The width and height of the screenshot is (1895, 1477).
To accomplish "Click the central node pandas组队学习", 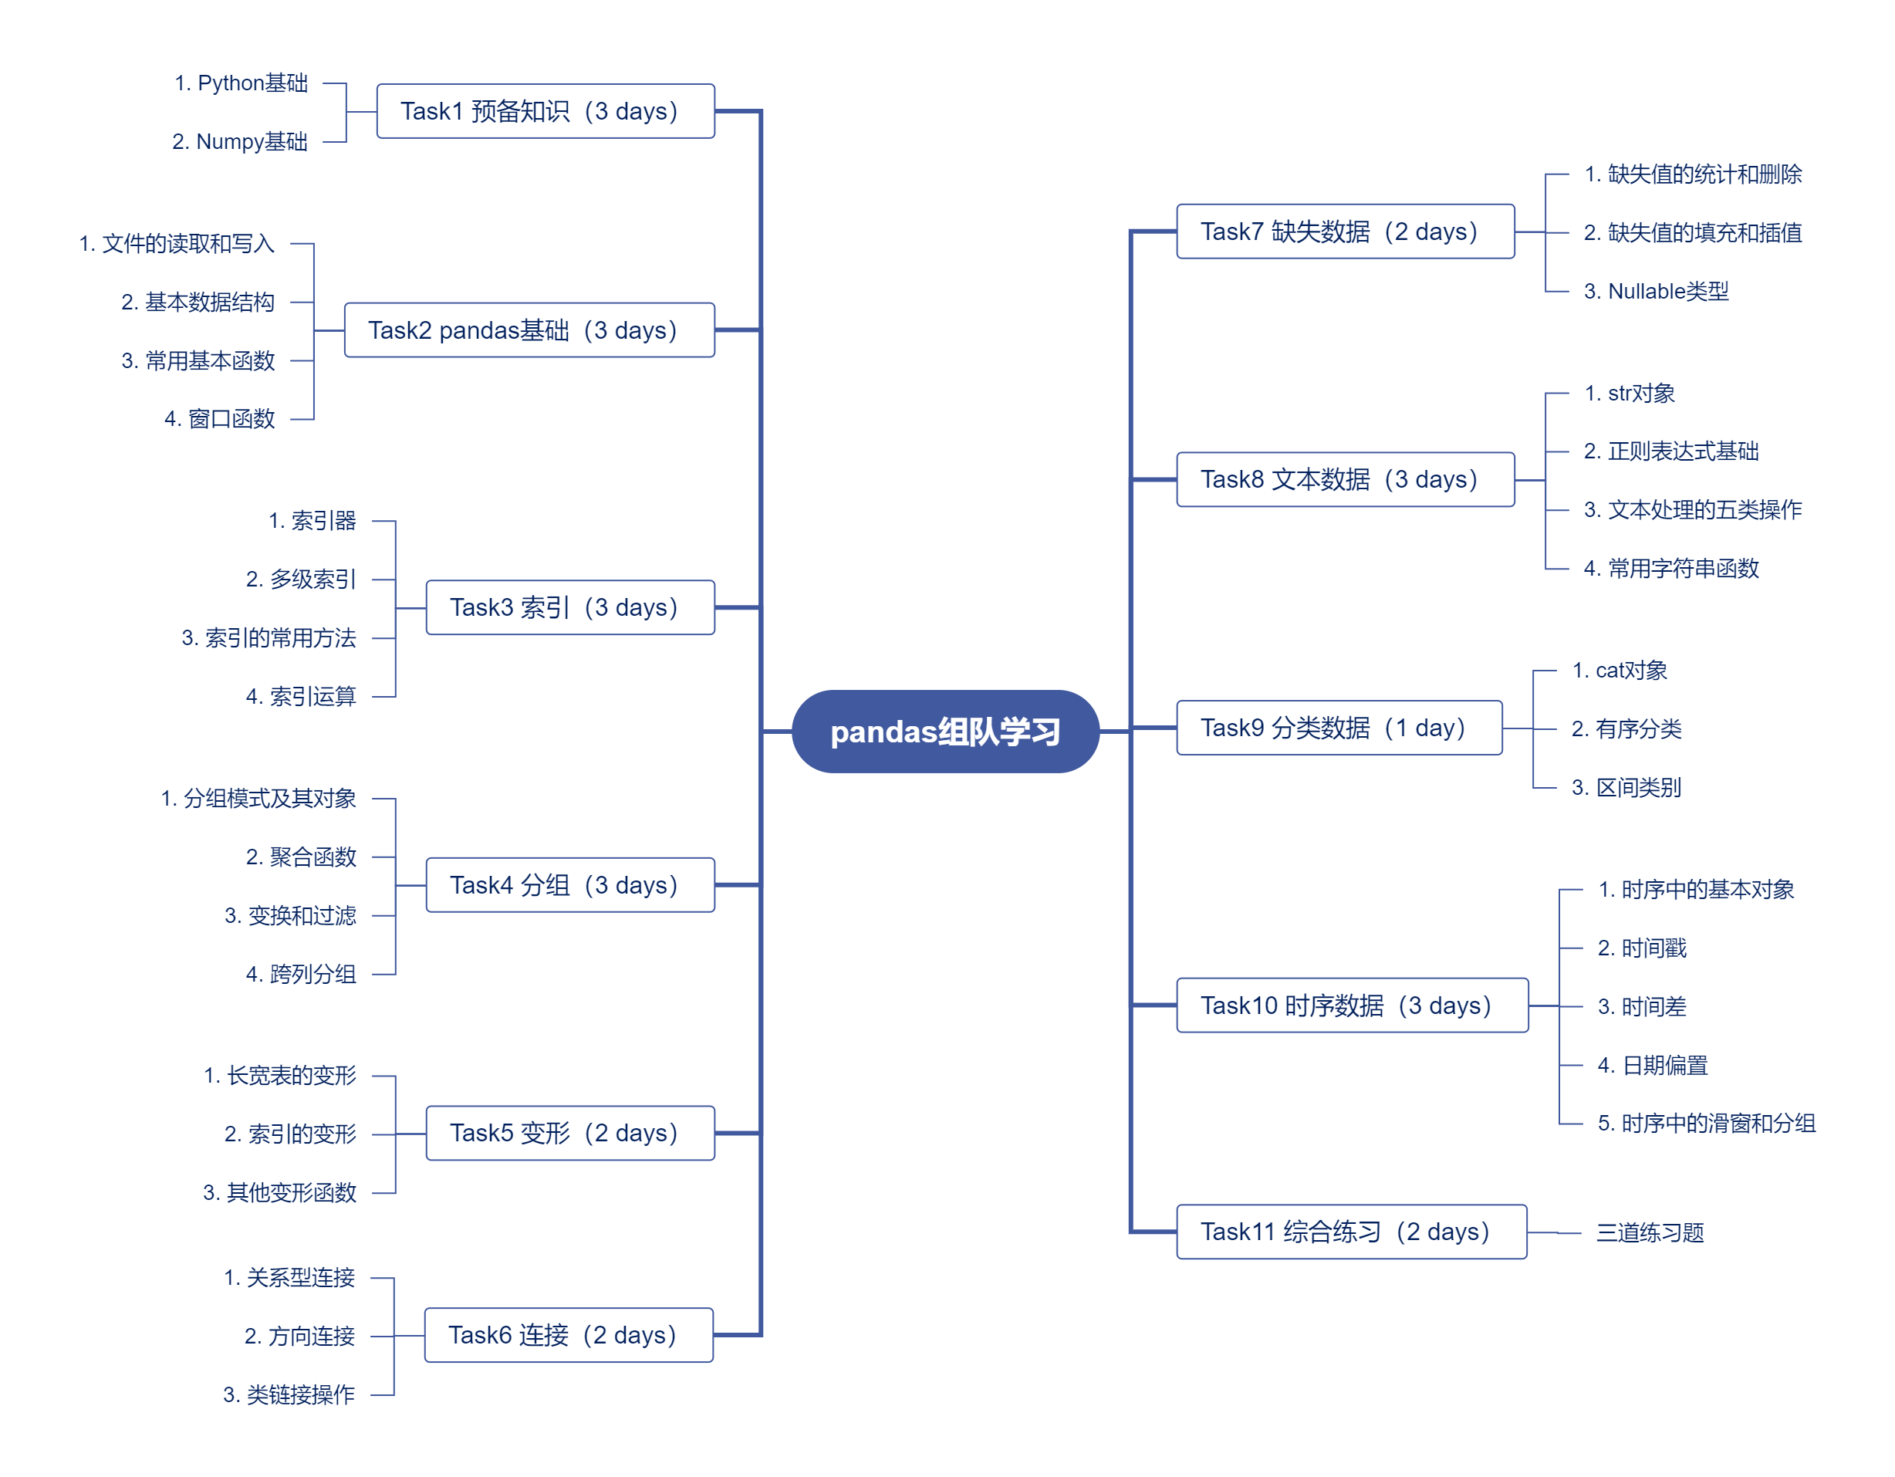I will (x=945, y=732).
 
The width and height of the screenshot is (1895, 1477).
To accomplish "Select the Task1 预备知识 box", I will (x=545, y=111).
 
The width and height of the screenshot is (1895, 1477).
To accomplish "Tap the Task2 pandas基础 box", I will (x=529, y=330).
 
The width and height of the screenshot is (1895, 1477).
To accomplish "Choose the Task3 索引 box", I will (x=570, y=607).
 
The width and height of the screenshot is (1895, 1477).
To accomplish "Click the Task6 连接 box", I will (x=569, y=1335).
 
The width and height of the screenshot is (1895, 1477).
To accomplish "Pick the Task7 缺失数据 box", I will (x=1345, y=232).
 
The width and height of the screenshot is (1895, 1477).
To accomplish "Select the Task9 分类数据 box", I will (x=1338, y=727).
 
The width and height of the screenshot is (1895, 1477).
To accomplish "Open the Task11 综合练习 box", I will (x=1351, y=1232).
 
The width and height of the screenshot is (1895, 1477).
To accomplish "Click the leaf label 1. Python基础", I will (x=242, y=83).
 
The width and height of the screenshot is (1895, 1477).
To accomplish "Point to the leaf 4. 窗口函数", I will (x=220, y=419).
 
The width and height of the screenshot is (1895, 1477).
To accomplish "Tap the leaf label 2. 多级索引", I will (x=301, y=579).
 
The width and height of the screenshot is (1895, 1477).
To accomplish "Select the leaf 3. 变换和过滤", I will (x=290, y=915).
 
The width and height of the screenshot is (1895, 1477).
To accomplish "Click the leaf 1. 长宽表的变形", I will (x=279, y=1076).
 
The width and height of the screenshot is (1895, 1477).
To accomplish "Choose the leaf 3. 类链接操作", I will (x=289, y=1394).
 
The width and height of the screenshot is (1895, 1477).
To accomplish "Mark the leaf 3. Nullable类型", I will (x=1656, y=292).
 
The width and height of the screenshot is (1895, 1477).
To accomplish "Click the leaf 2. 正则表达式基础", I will (x=1670, y=451).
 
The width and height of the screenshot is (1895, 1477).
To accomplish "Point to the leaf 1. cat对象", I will (x=1619, y=671).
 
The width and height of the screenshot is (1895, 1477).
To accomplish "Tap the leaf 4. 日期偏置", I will (x=1652, y=1065).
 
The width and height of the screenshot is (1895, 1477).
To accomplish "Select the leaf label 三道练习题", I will (x=1650, y=1232).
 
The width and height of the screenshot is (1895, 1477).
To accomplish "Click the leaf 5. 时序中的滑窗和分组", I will (x=1706, y=1124).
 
